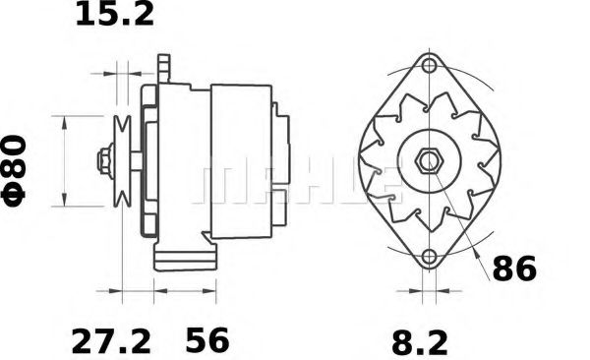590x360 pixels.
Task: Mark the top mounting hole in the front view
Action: (429, 66)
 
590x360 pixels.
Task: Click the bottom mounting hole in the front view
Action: (429, 259)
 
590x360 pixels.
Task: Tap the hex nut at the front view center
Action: (430, 161)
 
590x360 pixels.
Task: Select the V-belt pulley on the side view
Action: (123, 161)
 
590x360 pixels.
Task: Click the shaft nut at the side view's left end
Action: (102, 161)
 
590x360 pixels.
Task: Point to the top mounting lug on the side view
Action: (164, 69)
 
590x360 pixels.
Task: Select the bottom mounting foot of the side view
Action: (184, 259)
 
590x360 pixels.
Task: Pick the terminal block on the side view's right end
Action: (281, 148)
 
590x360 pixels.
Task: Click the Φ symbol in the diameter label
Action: (21, 188)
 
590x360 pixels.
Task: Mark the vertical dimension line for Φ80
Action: (65, 161)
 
